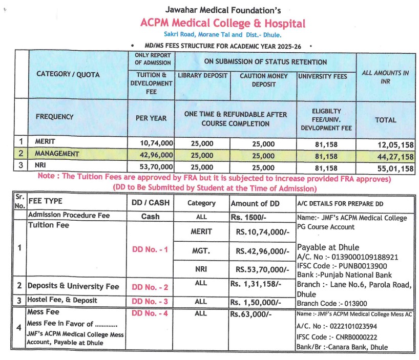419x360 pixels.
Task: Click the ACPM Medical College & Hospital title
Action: pos(223,23)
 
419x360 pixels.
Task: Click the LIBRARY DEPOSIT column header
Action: pos(203,76)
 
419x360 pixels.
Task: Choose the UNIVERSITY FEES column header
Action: pos(323,76)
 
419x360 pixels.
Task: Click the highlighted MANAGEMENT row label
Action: pos(57,154)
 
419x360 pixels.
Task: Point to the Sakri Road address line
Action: pos(222,35)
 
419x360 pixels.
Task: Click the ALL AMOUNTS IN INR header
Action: pos(385,77)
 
